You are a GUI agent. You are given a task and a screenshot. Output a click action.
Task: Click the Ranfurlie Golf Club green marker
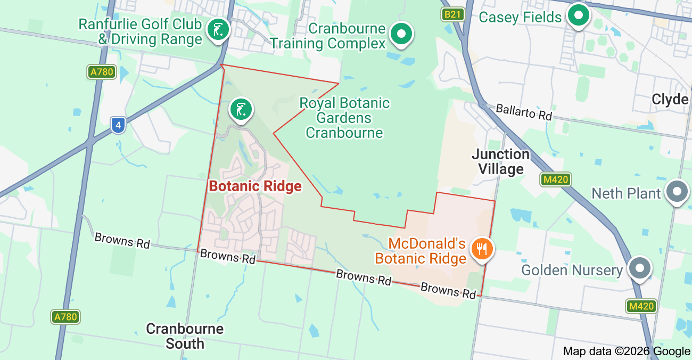point(218,29)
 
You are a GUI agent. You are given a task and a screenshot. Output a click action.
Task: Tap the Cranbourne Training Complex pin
point(402,34)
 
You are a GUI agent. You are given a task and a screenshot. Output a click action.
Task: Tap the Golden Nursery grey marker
point(640,268)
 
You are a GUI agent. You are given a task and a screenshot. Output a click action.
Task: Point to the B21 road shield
point(452,14)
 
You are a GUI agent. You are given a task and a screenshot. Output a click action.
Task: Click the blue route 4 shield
point(119,126)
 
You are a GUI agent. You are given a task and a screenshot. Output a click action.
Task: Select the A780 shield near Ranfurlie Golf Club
point(102,72)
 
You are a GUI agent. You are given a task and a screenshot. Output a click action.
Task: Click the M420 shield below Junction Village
point(555,179)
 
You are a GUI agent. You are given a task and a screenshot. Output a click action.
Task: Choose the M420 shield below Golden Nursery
point(641,306)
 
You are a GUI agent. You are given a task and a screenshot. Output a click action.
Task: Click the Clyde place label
point(670,100)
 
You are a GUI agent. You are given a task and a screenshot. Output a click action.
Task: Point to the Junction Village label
point(501,162)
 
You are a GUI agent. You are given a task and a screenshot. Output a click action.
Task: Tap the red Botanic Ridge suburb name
point(255,186)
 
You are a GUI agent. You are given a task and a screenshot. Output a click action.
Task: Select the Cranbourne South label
point(185,336)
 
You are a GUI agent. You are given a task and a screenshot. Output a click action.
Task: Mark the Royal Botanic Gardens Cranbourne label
point(344,118)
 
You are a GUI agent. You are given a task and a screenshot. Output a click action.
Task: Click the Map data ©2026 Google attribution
point(627,351)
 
